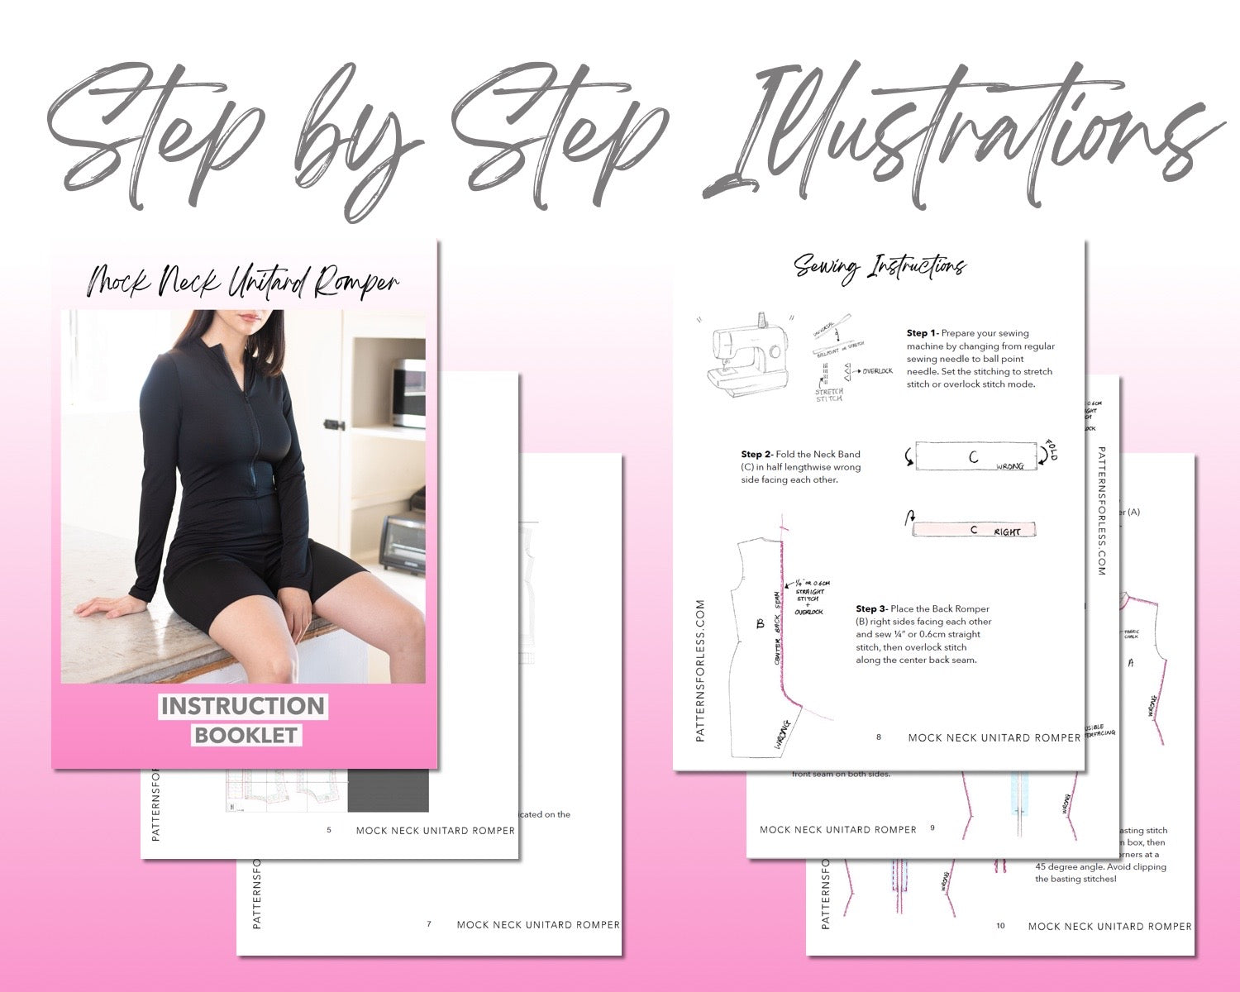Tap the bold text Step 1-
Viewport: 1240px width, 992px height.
[x=923, y=333]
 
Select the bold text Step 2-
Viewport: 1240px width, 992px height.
[x=756, y=454]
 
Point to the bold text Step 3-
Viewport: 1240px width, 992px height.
[x=871, y=608]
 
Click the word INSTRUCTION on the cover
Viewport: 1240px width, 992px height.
[x=243, y=706]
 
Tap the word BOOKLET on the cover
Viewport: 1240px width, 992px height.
[x=246, y=735]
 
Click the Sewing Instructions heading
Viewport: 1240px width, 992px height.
[x=880, y=266]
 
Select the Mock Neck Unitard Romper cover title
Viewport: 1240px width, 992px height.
[x=243, y=282]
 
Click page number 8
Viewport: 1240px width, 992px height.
[x=879, y=737]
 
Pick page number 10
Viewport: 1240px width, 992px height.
[x=1000, y=926]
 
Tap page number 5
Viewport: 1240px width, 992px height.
[x=329, y=830]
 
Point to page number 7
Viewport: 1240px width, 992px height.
[x=429, y=924]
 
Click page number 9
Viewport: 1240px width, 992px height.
[x=932, y=828]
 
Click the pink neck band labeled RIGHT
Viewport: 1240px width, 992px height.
[x=973, y=530]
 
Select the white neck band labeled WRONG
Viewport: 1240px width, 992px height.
[x=976, y=456]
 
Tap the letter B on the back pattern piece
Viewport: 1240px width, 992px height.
[x=761, y=624]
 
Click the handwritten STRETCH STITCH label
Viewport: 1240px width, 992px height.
[x=829, y=394]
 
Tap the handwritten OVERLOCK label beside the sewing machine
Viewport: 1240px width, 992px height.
[x=877, y=371]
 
